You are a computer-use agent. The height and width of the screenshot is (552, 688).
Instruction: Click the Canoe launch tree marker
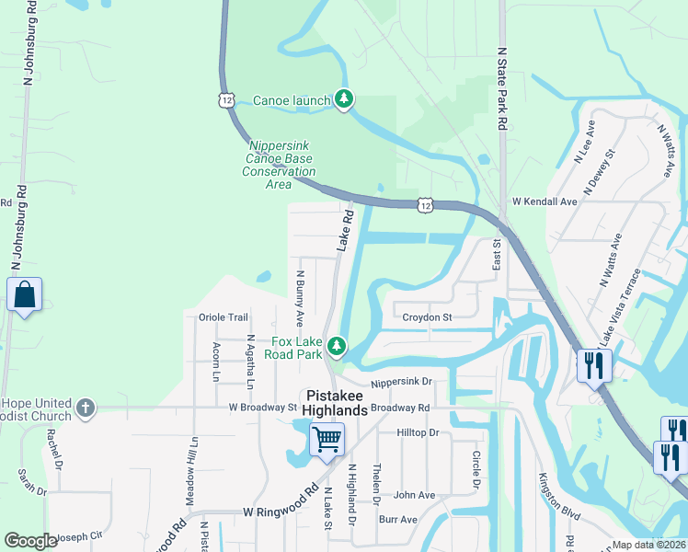pyautogui.click(x=343, y=98)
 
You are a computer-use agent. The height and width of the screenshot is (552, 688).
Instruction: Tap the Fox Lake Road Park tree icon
pyautogui.click(x=338, y=346)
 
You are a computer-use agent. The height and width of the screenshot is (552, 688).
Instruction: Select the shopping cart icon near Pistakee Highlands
pyautogui.click(x=327, y=438)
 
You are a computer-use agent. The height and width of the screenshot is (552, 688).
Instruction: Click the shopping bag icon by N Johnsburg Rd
pyautogui.click(x=24, y=295)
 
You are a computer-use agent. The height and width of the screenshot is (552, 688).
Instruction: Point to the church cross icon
pyautogui.click(x=86, y=408)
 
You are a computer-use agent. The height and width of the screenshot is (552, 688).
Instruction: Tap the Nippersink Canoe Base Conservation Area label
pyautogui.click(x=279, y=165)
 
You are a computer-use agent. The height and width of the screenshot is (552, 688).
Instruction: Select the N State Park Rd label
pyautogui.click(x=502, y=89)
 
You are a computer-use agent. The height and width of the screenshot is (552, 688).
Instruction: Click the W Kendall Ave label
pyautogui.click(x=545, y=201)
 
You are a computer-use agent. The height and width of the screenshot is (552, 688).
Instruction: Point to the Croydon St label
pyautogui.click(x=428, y=317)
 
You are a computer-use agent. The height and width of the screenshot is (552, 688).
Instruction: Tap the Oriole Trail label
pyautogui.click(x=224, y=317)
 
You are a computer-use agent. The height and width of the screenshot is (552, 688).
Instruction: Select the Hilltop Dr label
pyautogui.click(x=419, y=431)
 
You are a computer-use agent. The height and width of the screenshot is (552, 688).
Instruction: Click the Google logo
pyautogui.click(x=30, y=540)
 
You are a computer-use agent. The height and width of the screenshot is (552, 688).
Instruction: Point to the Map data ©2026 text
pyautogui.click(x=648, y=545)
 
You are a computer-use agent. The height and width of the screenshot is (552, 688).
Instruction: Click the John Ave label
pyautogui.click(x=414, y=495)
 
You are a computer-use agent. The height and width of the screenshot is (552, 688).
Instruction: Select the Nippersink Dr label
pyautogui.click(x=401, y=382)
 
